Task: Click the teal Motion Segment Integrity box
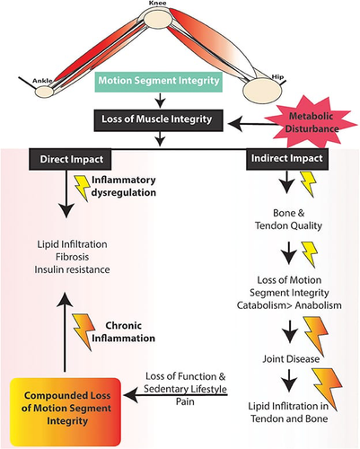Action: tap(159, 81)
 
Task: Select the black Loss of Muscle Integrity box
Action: tap(158, 120)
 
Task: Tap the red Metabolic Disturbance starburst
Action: tap(312, 122)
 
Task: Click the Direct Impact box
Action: tap(70, 159)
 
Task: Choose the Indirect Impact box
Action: tap(287, 159)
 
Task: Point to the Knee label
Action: tap(157, 4)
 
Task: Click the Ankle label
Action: tap(42, 81)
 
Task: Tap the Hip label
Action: tap(277, 77)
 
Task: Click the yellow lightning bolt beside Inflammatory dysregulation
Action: tap(82, 188)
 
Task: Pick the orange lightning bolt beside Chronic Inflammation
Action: tap(84, 331)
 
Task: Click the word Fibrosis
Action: tap(72, 257)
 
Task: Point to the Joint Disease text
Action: tap(291, 358)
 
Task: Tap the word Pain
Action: tap(185, 401)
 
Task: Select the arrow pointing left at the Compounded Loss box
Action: tap(175, 395)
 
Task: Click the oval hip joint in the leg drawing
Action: tap(262, 89)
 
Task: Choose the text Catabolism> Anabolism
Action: tap(289, 305)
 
